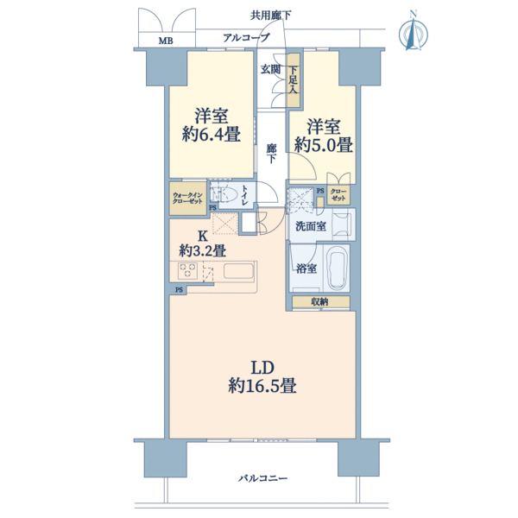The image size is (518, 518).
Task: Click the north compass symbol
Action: point(414,31)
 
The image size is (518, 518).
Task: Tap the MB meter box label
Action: point(166,41)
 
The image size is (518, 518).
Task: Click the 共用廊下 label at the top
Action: point(270,16)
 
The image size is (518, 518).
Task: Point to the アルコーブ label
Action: point(246,38)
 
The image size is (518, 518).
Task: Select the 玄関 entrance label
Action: point(270,69)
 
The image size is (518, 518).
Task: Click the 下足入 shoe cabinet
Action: point(293,80)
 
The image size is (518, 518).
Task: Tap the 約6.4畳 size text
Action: point(212,134)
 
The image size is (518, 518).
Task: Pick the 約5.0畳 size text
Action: point(324,145)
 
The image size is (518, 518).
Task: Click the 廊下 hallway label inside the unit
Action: point(272,154)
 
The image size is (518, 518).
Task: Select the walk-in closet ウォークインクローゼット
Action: point(188,199)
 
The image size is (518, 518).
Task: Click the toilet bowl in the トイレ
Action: point(227,195)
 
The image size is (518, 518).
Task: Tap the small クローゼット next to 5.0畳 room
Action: point(338,195)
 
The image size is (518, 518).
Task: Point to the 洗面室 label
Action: point(311,226)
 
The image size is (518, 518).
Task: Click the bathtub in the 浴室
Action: point(337,268)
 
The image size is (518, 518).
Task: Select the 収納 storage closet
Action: point(320,301)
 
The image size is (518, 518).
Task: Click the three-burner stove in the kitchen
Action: point(187,271)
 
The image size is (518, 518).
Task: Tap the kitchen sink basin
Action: point(238,271)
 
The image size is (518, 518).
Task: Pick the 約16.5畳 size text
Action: point(262,386)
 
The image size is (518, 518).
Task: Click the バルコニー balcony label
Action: point(263,478)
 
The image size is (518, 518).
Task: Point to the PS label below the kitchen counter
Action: point(179,290)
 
